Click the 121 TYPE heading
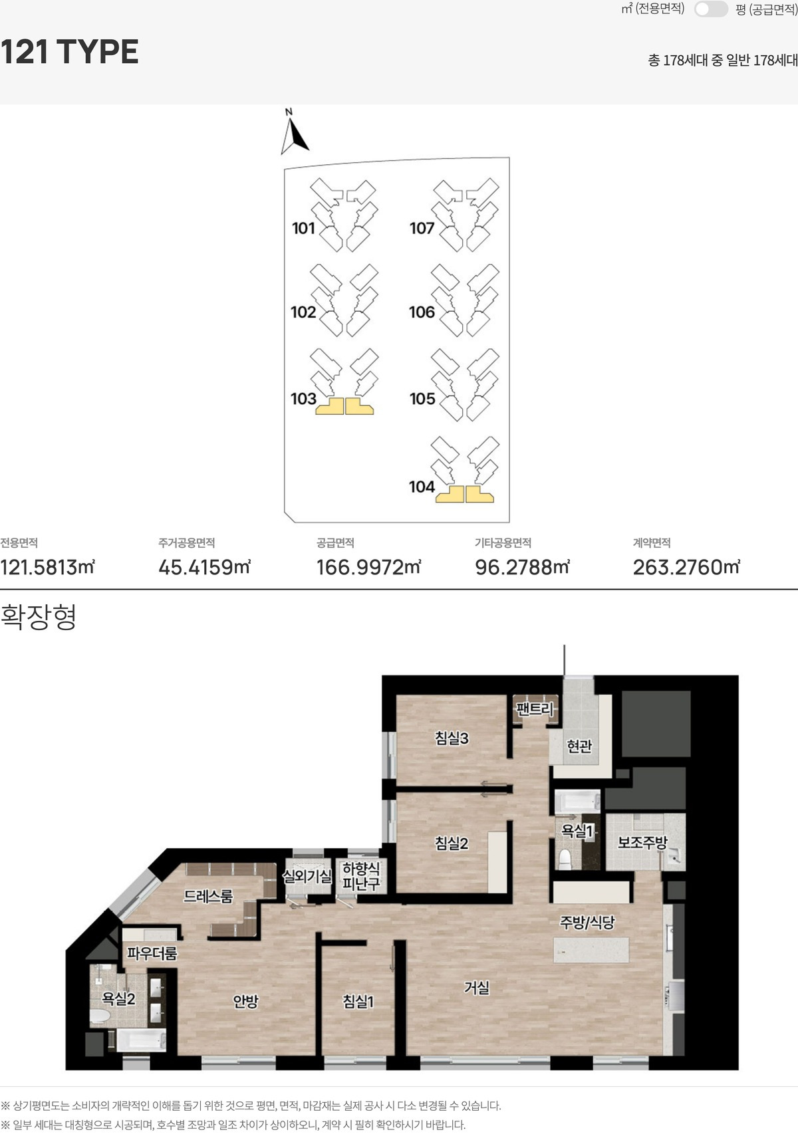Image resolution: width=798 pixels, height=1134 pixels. point(69,52)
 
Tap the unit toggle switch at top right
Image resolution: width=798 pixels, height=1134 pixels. point(710,9)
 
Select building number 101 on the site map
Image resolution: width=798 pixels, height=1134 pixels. point(303,228)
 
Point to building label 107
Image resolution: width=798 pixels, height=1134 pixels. point(422,228)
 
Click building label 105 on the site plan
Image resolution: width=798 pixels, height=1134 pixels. point(422,399)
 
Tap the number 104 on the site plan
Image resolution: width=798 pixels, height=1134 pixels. point(422,487)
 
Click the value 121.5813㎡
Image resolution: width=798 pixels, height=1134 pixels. point(48,568)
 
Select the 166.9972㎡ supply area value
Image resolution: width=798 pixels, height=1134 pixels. point(368,568)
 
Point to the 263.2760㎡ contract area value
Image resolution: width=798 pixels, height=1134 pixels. point(686,568)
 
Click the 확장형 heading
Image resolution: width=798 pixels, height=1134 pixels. point(39,617)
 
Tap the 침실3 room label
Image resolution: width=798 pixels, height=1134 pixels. point(452,738)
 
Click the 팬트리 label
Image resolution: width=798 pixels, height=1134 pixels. point(535,709)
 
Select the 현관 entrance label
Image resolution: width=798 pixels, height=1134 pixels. point(579,746)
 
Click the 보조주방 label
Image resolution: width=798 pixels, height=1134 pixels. point(642,842)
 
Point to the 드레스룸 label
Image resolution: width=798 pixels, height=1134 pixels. point(208,897)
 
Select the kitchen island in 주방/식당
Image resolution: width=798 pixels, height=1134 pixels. point(591,951)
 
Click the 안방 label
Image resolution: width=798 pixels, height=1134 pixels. point(245,1001)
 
